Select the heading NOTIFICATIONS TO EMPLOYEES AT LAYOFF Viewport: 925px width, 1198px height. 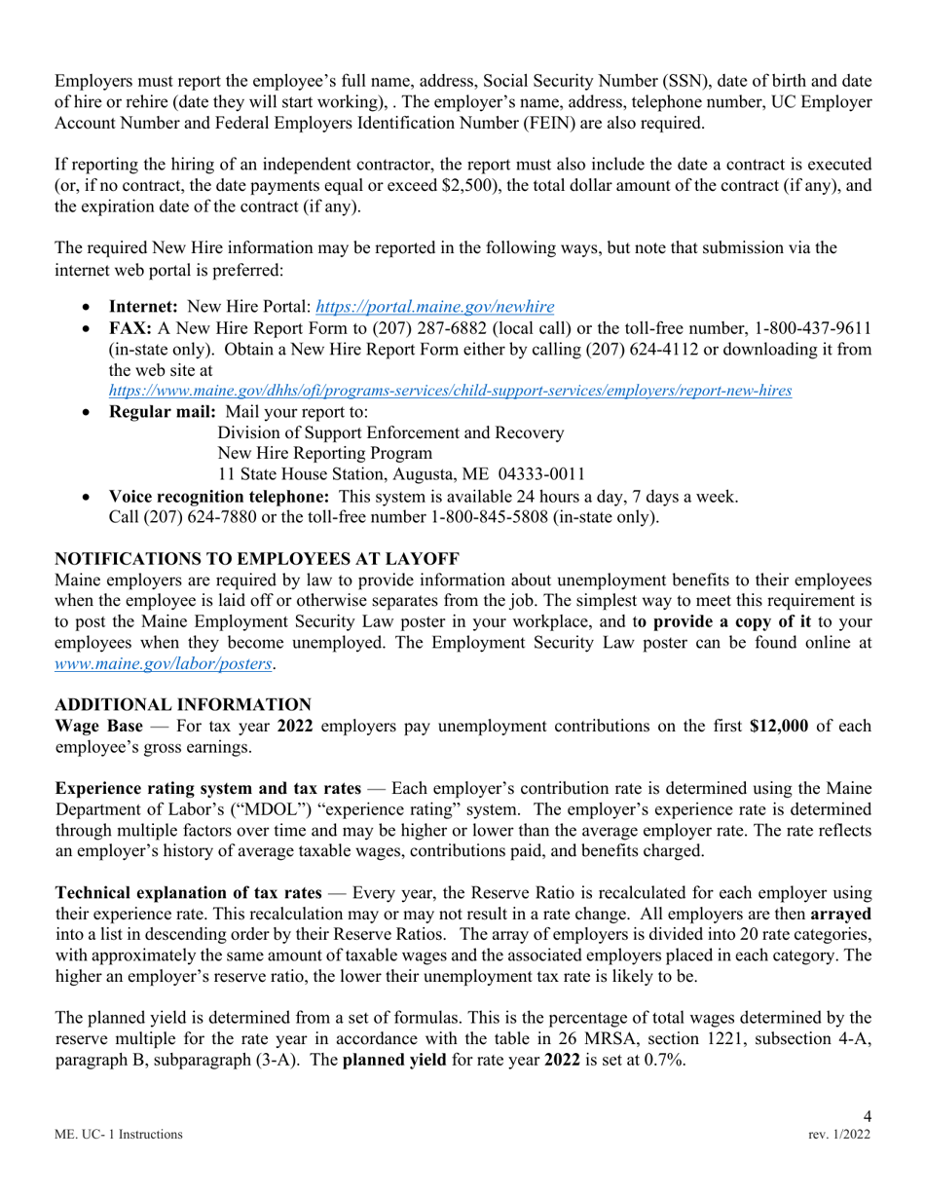(256, 559)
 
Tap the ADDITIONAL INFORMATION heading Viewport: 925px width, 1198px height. (183, 704)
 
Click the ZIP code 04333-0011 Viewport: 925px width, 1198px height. (542, 474)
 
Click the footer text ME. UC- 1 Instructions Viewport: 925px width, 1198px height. (118, 1135)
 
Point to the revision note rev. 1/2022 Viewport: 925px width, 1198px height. (839, 1135)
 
